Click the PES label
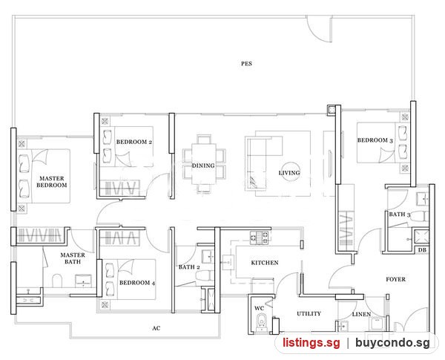[246, 64]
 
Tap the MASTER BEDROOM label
[52, 182]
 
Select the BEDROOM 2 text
[134, 142]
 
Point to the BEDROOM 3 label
[375, 140]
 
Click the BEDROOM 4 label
[137, 283]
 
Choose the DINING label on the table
[203, 166]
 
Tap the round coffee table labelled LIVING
[289, 172]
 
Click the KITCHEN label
[265, 263]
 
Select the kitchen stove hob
[260, 238]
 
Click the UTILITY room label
[309, 314]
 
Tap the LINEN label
[361, 314]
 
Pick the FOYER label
[395, 279]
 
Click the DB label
[422, 250]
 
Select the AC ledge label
[156, 328]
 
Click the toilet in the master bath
[57, 281]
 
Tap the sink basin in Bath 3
[423, 199]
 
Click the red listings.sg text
[311, 343]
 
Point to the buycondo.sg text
[392, 343]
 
